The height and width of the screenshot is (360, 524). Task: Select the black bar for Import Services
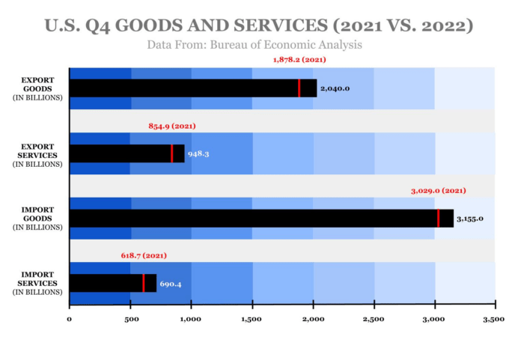[112, 283]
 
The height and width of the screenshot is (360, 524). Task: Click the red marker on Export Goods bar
[299, 88]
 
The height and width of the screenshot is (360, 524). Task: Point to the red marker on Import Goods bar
[439, 219]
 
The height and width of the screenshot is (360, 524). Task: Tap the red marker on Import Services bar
[144, 283]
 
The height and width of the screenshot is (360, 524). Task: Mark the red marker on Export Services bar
[172, 153]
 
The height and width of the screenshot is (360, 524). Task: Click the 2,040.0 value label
[335, 88]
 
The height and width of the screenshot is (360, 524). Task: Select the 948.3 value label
[198, 153]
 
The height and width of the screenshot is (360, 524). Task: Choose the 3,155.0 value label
[470, 219]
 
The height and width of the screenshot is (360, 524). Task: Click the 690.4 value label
[171, 284]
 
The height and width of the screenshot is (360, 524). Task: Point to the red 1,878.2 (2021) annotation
[299, 60]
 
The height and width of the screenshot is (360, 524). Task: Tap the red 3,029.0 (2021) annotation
[439, 191]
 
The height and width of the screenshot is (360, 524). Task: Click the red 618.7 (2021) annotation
[144, 256]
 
